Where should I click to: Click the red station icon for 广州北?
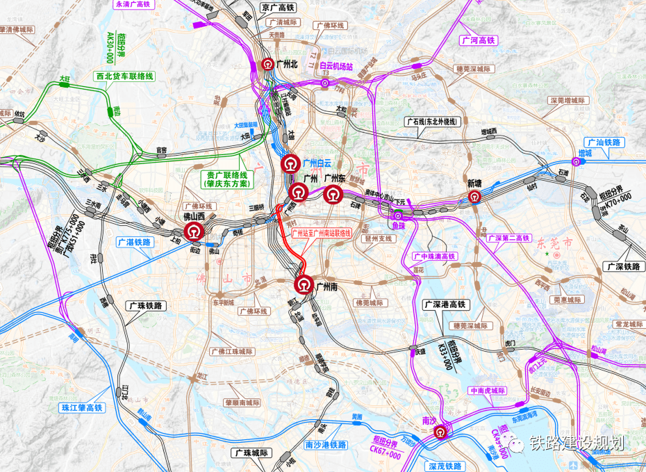(267, 64)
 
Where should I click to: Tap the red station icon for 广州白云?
(290, 163)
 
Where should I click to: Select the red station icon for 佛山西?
(192, 228)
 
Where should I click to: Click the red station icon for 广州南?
(304, 284)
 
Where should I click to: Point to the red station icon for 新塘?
(474, 197)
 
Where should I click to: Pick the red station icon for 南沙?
(440, 433)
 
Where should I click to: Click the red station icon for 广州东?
(333, 194)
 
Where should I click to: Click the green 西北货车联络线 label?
(124, 75)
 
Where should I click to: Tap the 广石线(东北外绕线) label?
(432, 122)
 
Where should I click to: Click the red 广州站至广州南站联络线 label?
(322, 234)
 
